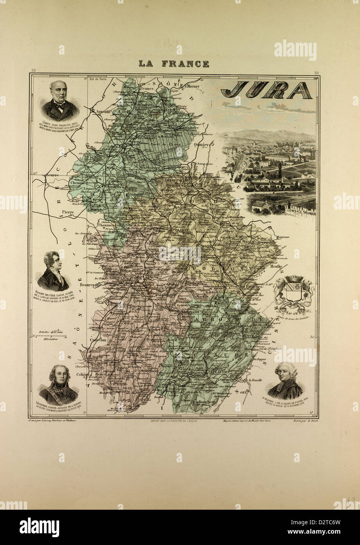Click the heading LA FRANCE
174,64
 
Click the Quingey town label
203,144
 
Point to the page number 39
316,72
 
